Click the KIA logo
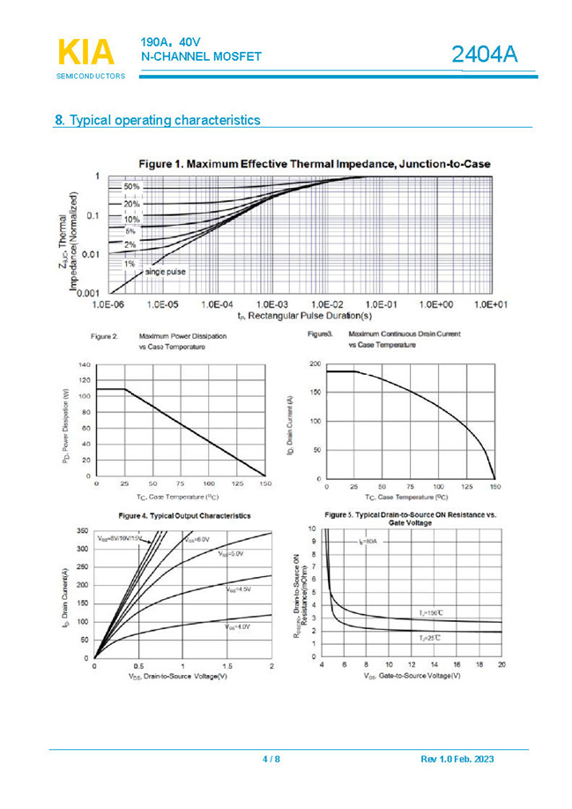click(86, 53)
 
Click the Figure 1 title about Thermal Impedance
click(314, 163)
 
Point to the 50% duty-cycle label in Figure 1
click(131, 187)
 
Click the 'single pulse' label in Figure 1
click(166, 272)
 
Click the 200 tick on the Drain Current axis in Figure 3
click(316, 363)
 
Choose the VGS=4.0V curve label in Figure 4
click(237, 625)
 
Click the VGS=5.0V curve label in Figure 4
click(232, 553)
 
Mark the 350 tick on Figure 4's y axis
click(82, 531)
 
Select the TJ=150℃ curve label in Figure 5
click(430, 611)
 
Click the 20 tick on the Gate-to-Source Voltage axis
click(501, 663)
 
